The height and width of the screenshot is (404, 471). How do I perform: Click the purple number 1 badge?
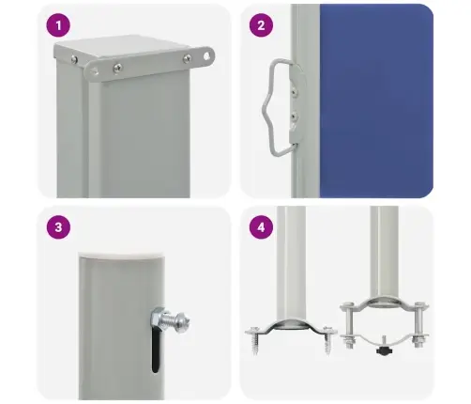pyautogui.click(x=58, y=25)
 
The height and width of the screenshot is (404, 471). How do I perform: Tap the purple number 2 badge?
pyautogui.click(x=261, y=25)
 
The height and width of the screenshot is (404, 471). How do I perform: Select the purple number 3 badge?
pyautogui.click(x=58, y=227)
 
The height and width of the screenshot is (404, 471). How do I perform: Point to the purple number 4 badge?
pyautogui.click(x=261, y=227)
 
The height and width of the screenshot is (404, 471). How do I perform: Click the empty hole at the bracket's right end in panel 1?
pyautogui.click(x=206, y=56)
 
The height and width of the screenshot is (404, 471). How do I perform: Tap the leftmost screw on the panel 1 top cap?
pyautogui.click(x=74, y=59)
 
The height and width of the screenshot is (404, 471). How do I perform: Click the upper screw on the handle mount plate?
pyautogui.click(x=294, y=91)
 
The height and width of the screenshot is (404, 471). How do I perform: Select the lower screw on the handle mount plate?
pyautogui.click(x=294, y=117)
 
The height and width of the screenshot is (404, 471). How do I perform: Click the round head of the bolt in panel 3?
pyautogui.click(x=182, y=322)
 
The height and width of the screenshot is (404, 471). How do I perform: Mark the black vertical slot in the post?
pyautogui.click(x=156, y=350)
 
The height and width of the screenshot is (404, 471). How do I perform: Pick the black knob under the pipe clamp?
pyautogui.click(x=385, y=350)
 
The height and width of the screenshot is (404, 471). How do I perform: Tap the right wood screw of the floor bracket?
pyautogui.click(x=327, y=340)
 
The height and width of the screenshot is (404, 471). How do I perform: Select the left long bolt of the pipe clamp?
pyautogui.click(x=348, y=325)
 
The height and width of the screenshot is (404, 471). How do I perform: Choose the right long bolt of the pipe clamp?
pyautogui.click(x=418, y=325)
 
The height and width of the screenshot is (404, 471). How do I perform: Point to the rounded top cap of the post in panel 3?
pyautogui.click(x=122, y=256)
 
